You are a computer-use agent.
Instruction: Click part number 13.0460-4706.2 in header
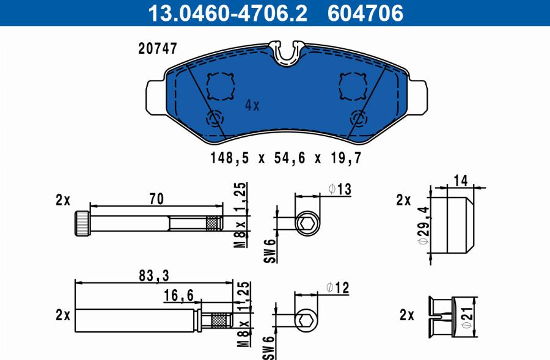[x=226, y=13]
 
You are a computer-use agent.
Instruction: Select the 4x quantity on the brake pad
[x=252, y=105]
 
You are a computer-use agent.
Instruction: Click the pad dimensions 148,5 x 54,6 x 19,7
[x=285, y=158]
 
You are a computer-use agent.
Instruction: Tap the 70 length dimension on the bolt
[x=158, y=199]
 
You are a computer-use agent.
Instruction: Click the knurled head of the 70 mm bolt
[x=83, y=222]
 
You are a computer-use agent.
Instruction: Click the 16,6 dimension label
[x=179, y=296]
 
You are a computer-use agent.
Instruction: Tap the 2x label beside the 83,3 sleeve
[x=62, y=315]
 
